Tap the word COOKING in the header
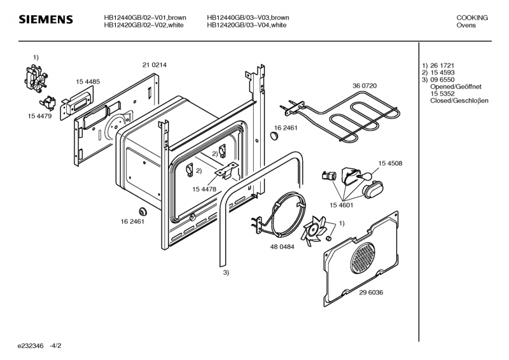[472, 18]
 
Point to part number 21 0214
[155, 65]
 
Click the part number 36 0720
[365, 85]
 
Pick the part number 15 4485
[88, 81]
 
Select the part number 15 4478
[204, 189]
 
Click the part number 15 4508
[390, 163]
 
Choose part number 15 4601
[342, 205]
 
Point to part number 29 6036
[371, 293]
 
